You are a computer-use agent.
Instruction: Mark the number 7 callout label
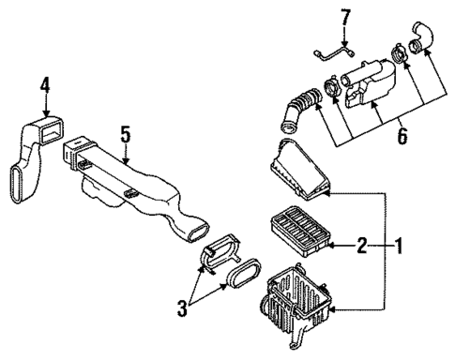coord(345,16)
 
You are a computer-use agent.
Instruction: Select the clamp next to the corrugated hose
coord(331,91)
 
